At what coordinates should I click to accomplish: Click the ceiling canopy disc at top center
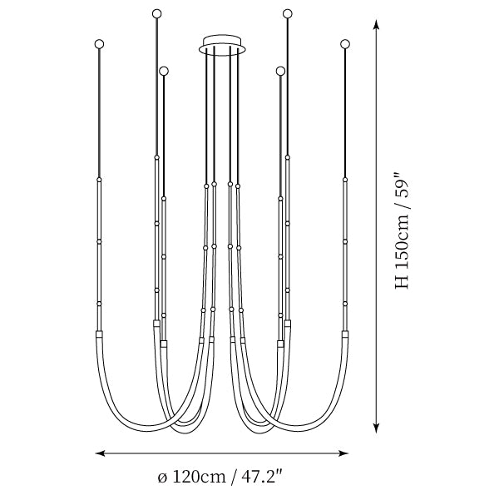pyautogui.click(x=222, y=45)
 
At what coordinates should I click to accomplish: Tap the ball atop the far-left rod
pyautogui.click(x=99, y=44)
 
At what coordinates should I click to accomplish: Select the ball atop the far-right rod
pyautogui.click(x=344, y=44)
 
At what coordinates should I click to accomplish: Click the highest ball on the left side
pyautogui.click(x=156, y=13)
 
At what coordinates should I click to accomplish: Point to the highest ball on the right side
pyautogui.click(x=288, y=13)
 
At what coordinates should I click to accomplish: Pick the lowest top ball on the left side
pyautogui.click(x=164, y=71)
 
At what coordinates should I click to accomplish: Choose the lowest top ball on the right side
pyautogui.click(x=280, y=71)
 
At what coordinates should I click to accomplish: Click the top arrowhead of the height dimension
pyautogui.click(x=377, y=25)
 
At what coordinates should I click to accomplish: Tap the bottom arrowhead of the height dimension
pyautogui.click(x=377, y=428)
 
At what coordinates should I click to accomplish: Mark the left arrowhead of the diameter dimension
pyautogui.click(x=101, y=453)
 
